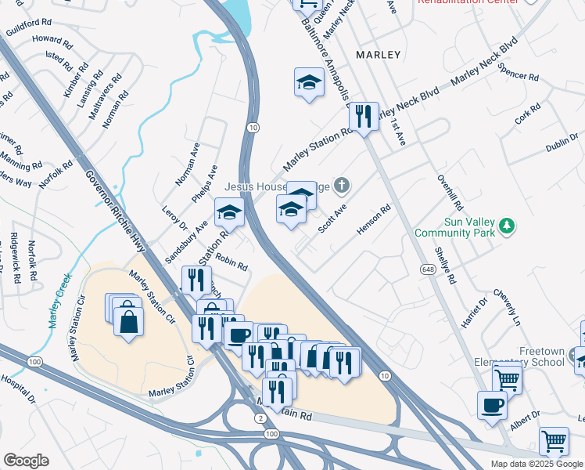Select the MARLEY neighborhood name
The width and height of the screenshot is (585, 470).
(x=378, y=55)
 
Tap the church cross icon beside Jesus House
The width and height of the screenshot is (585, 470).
(x=341, y=186)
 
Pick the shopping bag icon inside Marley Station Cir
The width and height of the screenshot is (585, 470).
(x=128, y=320)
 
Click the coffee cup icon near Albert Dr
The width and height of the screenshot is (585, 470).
(x=492, y=405)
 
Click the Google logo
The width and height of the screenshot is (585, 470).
(x=25, y=461)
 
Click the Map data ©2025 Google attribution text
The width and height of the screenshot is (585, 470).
(x=536, y=464)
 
